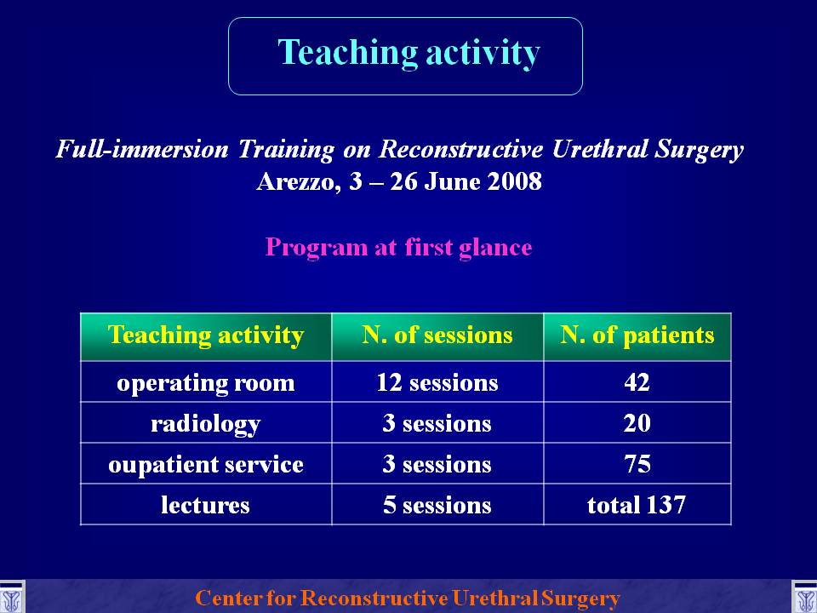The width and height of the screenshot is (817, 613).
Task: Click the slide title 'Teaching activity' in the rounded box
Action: tap(409, 53)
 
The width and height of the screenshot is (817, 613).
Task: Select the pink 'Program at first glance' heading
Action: tap(398, 247)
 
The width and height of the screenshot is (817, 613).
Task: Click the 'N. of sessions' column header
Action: tap(437, 335)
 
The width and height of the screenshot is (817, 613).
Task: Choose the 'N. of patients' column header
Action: tap(637, 335)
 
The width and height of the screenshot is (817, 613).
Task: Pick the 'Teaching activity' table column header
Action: tap(206, 335)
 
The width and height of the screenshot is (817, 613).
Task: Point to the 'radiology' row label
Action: tap(206, 424)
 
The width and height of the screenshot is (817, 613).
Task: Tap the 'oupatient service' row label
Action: tap(206, 465)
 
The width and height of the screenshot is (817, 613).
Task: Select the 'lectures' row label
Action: tap(205, 505)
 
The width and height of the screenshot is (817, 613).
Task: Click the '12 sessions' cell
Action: tap(437, 383)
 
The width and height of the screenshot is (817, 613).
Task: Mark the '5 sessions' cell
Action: tap(437, 505)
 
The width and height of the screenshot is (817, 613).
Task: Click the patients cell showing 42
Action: tap(637, 382)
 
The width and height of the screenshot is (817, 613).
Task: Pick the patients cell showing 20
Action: tap(637, 423)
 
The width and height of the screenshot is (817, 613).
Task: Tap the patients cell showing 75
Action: tap(637, 464)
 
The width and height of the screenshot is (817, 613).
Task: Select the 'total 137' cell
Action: tap(637, 505)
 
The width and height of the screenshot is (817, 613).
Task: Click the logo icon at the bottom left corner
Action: tap(11, 598)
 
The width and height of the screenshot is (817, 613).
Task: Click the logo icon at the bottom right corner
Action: tap(805, 598)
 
